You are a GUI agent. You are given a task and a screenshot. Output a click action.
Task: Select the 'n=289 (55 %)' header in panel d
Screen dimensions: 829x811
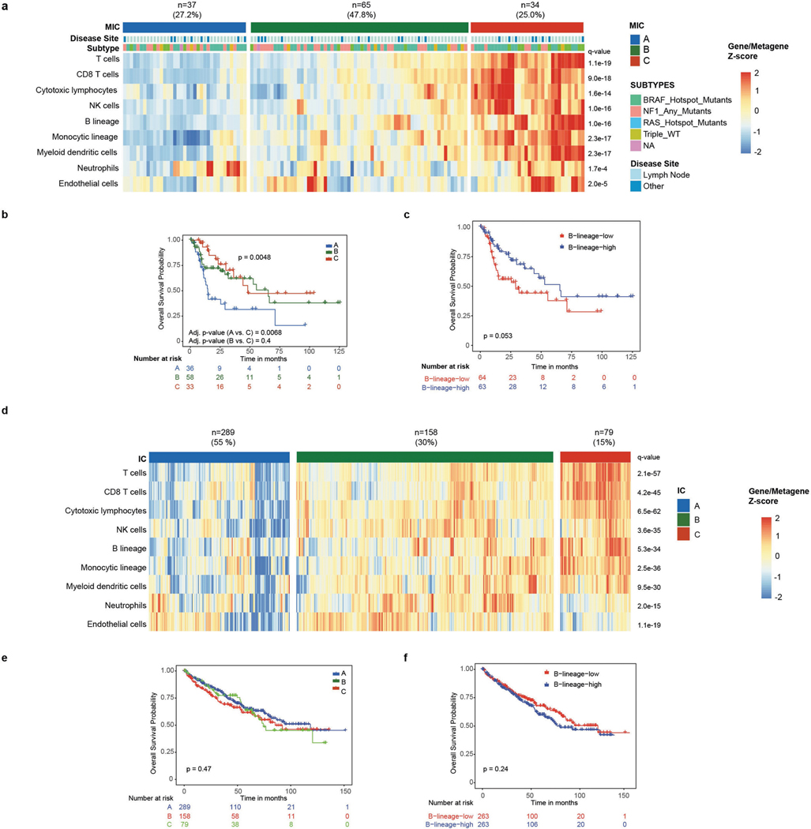pyautogui.click(x=220, y=437)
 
